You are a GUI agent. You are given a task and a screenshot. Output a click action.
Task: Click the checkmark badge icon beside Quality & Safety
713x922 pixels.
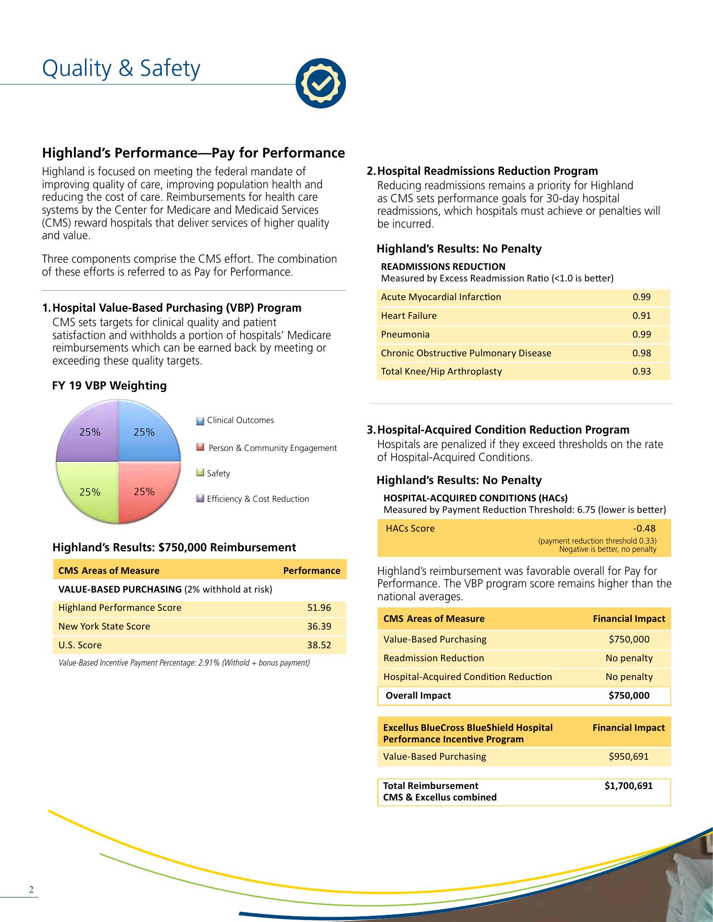[320, 84]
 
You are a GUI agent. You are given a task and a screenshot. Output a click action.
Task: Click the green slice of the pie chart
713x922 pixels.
[89, 490]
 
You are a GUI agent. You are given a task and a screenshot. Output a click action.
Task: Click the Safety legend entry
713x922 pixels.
[218, 473]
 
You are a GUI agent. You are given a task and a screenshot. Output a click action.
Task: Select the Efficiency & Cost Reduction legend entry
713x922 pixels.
[258, 499]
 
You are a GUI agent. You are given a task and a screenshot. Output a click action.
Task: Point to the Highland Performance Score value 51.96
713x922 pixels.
[319, 607]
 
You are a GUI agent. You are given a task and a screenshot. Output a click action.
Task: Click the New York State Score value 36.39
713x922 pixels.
[319, 626]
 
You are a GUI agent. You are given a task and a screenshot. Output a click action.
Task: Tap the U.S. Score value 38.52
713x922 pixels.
[319, 645]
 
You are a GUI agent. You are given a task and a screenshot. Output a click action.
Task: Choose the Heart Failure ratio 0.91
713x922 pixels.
[641, 315]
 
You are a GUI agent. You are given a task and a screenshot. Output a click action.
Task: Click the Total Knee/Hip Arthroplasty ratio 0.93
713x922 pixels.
[641, 371]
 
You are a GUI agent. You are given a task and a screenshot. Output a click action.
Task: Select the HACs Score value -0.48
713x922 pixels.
[644, 529]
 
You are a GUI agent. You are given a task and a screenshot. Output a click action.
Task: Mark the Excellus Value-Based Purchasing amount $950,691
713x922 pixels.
[628, 756]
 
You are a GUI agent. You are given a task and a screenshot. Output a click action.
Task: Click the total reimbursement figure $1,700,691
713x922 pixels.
[628, 786]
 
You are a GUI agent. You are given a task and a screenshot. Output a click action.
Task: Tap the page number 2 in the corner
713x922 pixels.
[31, 889]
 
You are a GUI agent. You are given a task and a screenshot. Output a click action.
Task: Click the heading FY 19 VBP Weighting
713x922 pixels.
[109, 386]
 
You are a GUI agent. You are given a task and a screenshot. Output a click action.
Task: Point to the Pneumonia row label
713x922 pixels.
[405, 334]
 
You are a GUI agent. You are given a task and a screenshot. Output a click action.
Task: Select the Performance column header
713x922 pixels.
[311, 570]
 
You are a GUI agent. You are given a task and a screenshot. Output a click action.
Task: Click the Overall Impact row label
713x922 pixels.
[418, 695]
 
